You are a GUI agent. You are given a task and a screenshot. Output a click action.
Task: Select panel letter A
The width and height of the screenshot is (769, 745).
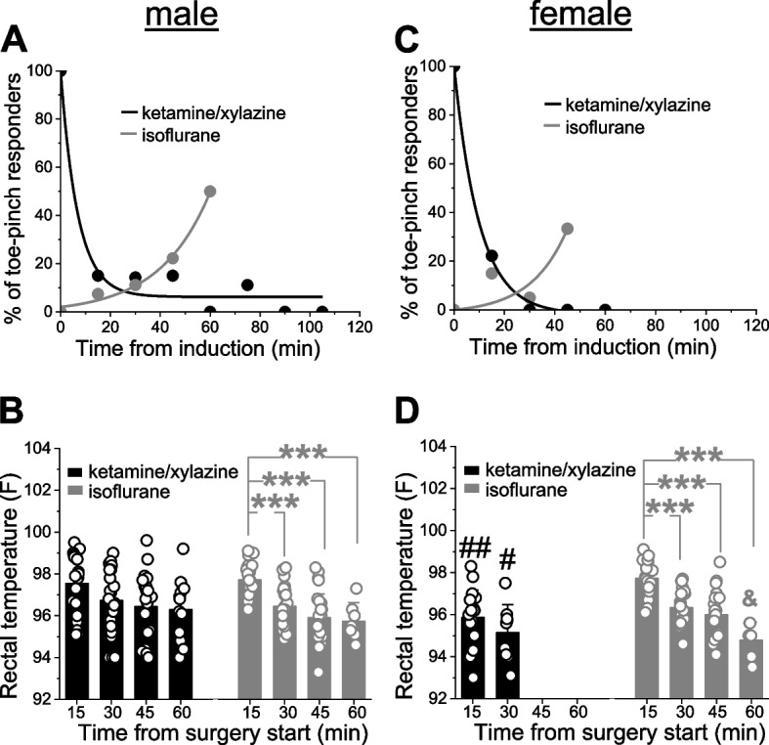(x=16, y=43)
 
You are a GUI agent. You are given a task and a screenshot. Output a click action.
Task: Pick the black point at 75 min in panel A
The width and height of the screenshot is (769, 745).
(x=247, y=285)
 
